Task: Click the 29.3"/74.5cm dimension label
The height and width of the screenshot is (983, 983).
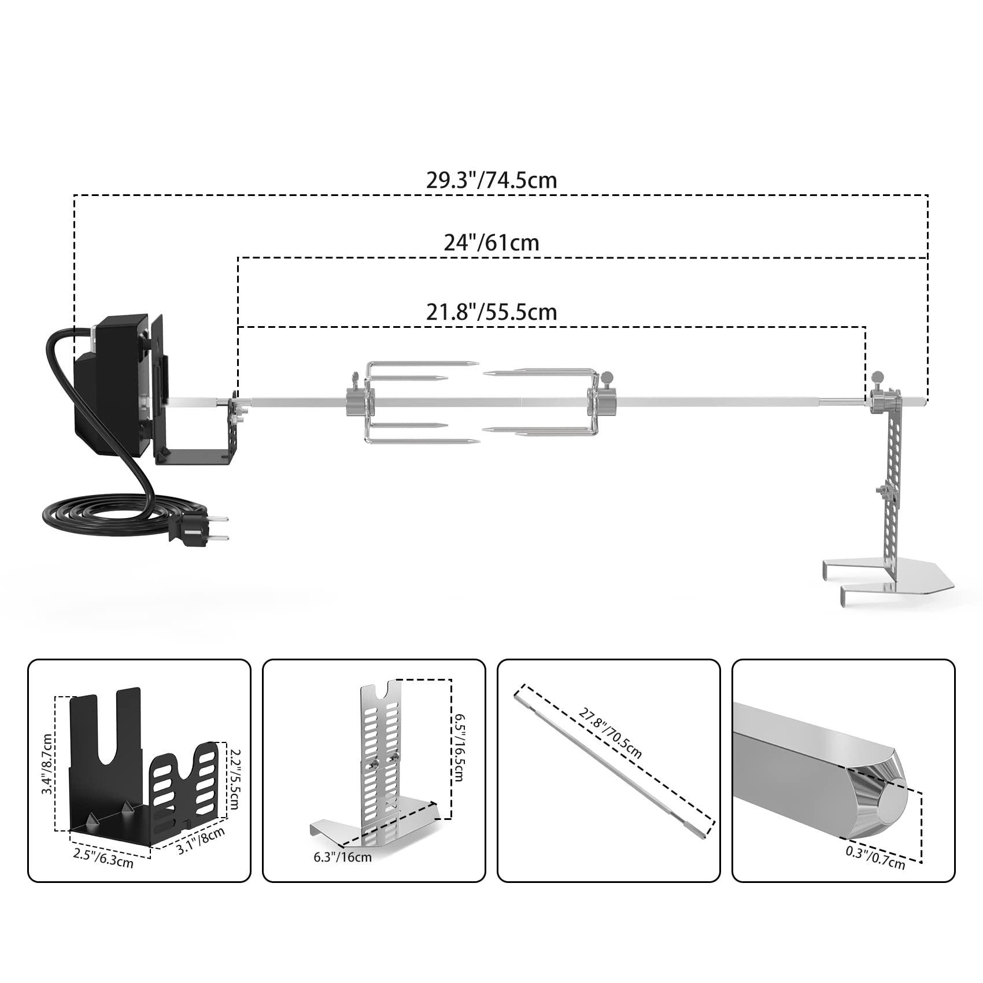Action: [x=491, y=180]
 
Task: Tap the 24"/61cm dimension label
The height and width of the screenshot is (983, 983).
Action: [x=491, y=242]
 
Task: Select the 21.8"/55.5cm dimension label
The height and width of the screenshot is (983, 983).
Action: [x=491, y=312]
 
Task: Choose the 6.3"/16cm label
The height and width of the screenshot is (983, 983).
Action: [x=342, y=856]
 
